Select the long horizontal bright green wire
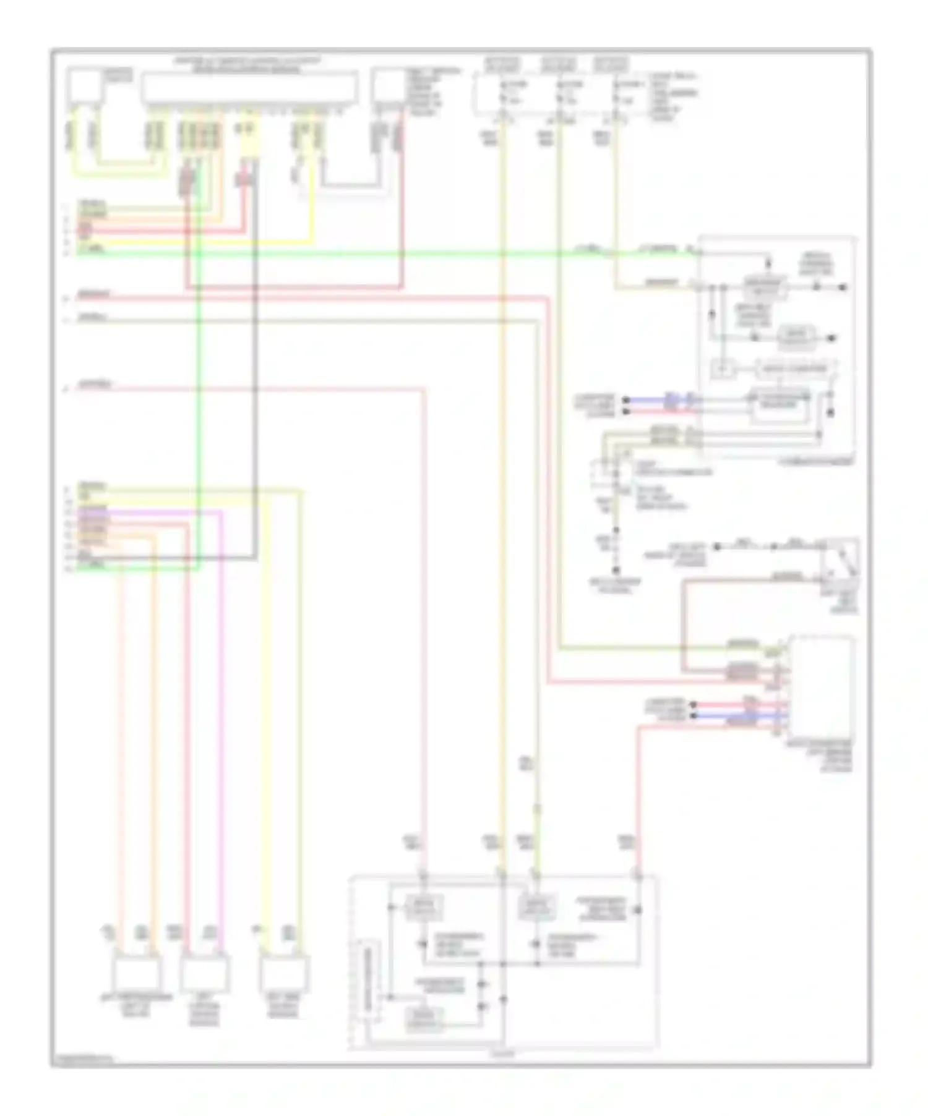click(371, 252)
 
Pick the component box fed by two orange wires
click(137, 973)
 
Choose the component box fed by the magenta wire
click(205, 973)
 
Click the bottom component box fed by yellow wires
click(284, 973)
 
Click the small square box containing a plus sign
click(721, 369)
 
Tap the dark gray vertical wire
click(255, 371)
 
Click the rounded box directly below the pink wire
click(423, 908)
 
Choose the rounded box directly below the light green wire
click(536, 908)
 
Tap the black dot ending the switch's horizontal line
click(717, 547)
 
